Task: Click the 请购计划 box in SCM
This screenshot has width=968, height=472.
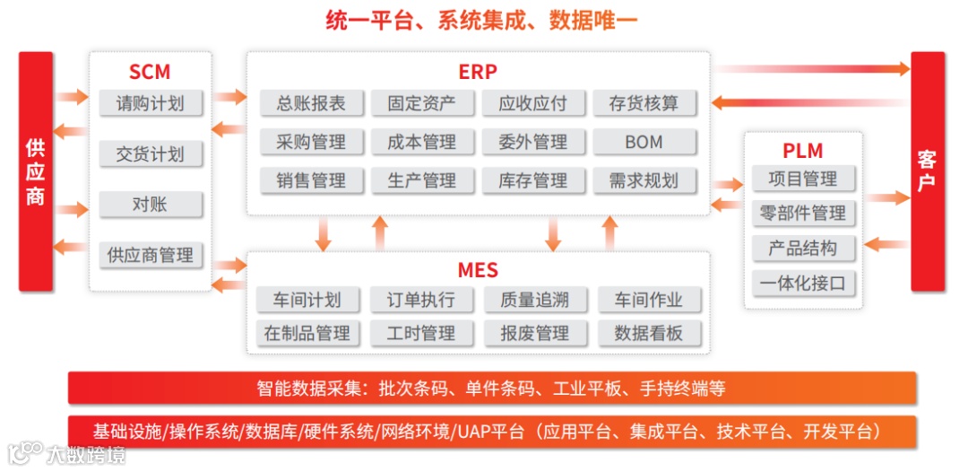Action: pyautogui.click(x=150, y=103)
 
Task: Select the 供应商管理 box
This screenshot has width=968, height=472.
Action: pyautogui.click(x=150, y=255)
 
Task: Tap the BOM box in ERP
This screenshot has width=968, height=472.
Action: pyautogui.click(x=644, y=142)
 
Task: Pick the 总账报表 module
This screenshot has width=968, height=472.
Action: pyautogui.click(x=311, y=103)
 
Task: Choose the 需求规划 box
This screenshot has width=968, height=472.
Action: pyautogui.click(x=644, y=180)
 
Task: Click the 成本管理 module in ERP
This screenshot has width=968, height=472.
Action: pyautogui.click(x=421, y=142)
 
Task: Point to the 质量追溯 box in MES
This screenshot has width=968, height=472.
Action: pyautogui.click(x=534, y=300)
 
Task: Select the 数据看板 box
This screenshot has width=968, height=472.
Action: pyautogui.click(x=648, y=333)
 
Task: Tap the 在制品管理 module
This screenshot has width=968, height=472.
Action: pyautogui.click(x=307, y=333)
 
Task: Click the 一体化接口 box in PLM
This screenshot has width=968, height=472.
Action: pyautogui.click(x=802, y=284)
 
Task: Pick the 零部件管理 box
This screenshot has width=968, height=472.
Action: pyautogui.click(x=802, y=214)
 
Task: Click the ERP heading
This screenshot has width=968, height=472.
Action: pyautogui.click(x=478, y=72)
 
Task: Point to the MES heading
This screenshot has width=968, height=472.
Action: pyautogui.click(x=478, y=269)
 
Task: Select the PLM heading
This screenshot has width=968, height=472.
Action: pyautogui.click(x=802, y=151)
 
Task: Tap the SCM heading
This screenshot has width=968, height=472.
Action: pyautogui.click(x=150, y=72)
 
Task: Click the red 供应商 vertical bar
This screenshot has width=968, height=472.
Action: pyautogui.click(x=36, y=171)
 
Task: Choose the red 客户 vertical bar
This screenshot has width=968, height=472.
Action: pyautogui.click(x=928, y=171)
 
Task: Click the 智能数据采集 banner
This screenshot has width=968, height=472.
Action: pyautogui.click(x=491, y=389)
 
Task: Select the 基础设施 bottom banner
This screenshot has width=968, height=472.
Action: pyautogui.click(x=491, y=432)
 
